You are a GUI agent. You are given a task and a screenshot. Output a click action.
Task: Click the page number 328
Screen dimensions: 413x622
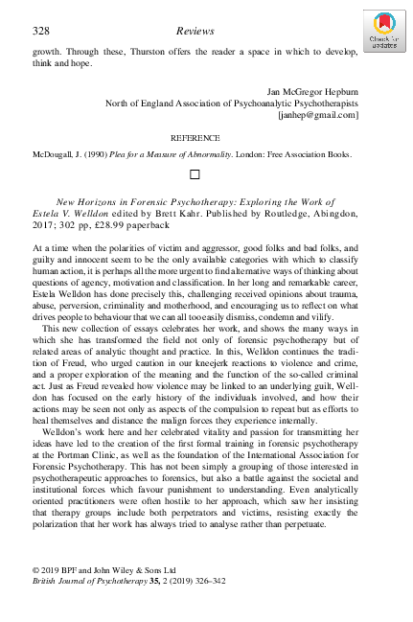[41, 32]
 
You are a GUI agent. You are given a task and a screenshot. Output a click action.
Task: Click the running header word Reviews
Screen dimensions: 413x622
[195, 32]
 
